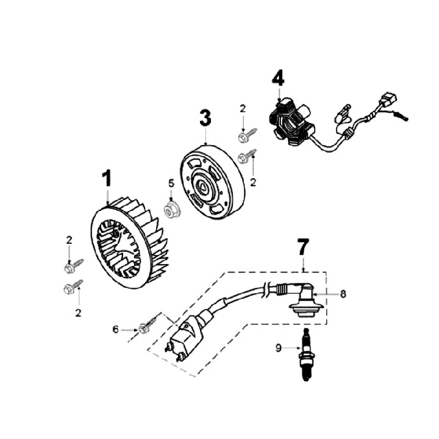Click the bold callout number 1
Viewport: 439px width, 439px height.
pyautogui.click(x=107, y=179)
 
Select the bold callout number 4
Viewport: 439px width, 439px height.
pyautogui.click(x=278, y=79)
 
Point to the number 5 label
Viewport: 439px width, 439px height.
pyautogui.click(x=171, y=183)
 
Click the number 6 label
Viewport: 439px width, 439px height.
pyautogui.click(x=116, y=329)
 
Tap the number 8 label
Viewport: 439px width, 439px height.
pyautogui.click(x=343, y=294)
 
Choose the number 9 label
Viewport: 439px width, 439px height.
pyautogui.click(x=279, y=349)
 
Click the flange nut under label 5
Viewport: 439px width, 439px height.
pyautogui.click(x=171, y=210)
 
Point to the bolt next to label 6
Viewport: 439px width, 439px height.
pyautogui.click(x=147, y=326)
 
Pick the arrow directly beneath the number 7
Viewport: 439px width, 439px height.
pyautogui.click(x=303, y=265)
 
